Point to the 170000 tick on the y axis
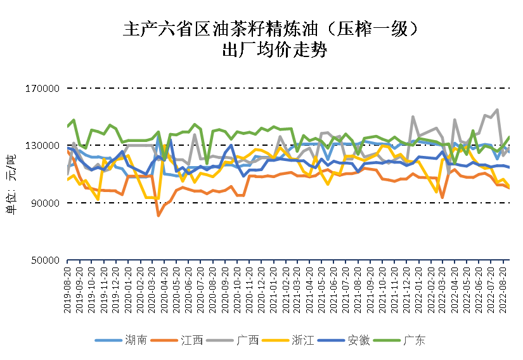[42, 89]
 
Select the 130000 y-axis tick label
[42, 146]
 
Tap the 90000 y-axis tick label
[44, 203]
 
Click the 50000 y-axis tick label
[44, 260]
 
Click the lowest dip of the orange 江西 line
[158, 215]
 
